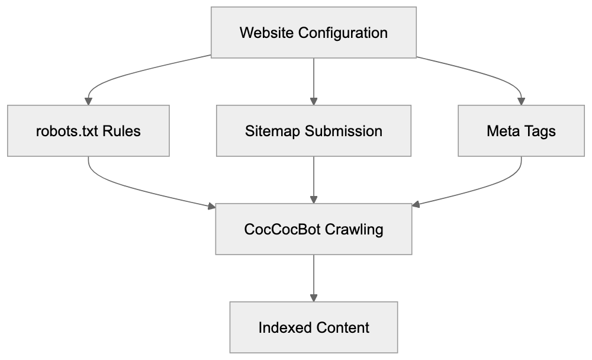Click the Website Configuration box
point(313,33)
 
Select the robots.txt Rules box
point(88,131)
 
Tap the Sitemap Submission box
point(313,131)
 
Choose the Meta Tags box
point(521,131)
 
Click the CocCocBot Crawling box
point(313,229)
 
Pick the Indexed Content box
point(313,327)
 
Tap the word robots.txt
point(67,131)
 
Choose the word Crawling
point(355,229)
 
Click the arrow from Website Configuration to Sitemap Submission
point(313,80)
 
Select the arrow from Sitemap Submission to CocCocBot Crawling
point(313,179)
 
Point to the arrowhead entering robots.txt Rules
point(88,101)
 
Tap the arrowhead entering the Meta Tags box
point(521,101)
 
